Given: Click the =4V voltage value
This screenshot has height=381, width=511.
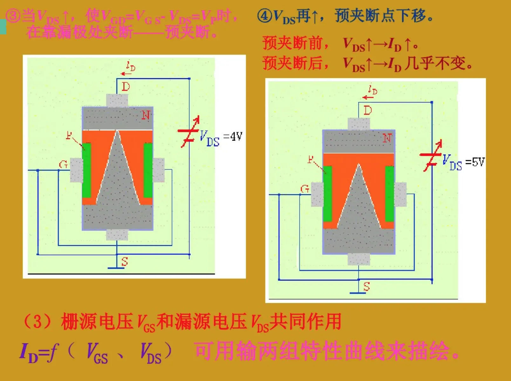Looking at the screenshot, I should click(x=233, y=137).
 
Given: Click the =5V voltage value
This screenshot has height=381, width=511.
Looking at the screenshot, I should click(x=475, y=162).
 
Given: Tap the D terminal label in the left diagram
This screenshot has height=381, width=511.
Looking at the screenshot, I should click(x=126, y=87).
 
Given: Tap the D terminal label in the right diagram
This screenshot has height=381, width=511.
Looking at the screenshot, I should click(x=368, y=111).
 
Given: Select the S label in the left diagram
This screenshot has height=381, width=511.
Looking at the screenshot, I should click(x=125, y=262).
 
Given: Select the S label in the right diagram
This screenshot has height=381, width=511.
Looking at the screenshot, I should click(x=366, y=287).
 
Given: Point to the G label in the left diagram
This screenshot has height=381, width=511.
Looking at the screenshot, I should click(x=63, y=164).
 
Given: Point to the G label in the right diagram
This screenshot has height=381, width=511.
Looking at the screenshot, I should click(x=305, y=189).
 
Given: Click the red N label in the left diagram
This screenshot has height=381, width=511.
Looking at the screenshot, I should click(x=146, y=115).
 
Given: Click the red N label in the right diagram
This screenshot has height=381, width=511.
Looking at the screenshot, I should click(x=387, y=138).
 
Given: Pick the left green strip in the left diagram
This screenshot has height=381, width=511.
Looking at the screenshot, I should click(x=86, y=170).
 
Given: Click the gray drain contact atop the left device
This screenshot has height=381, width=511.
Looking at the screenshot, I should click(x=117, y=100).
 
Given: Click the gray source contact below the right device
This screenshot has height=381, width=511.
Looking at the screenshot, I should click(x=359, y=259).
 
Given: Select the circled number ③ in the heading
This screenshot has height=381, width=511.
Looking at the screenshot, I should click(x=13, y=16).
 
